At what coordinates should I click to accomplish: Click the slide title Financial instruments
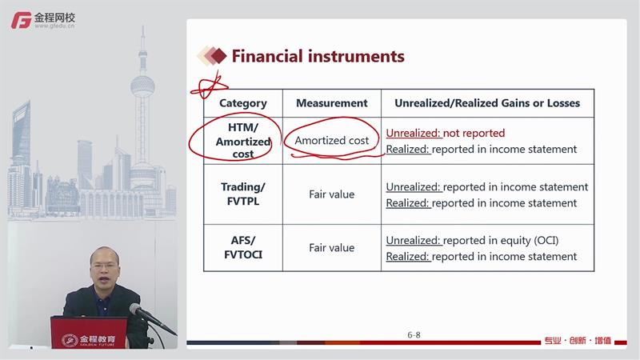tap(318, 56)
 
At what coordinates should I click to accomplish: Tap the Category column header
tap(243, 103)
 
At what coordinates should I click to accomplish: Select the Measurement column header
tap(332, 103)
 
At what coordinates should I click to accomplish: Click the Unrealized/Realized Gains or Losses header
tap(487, 103)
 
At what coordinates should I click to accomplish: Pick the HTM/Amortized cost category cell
tap(243, 141)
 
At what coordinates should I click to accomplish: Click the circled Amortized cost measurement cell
tap(332, 141)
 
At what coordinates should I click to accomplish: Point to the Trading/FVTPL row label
tap(243, 194)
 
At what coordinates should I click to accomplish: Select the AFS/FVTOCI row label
tap(243, 247)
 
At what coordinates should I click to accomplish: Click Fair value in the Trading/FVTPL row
tap(331, 194)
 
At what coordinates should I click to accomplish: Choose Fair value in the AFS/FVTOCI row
tap(331, 248)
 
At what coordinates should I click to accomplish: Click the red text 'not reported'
tap(474, 133)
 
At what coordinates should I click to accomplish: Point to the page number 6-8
tap(414, 335)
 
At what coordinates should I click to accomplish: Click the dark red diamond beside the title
tap(218, 56)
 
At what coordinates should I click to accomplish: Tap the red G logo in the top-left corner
tap(22, 20)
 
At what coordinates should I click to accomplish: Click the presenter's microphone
tap(151, 318)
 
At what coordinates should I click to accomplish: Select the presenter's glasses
tap(105, 266)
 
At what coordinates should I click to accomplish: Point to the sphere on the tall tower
tap(142, 86)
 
